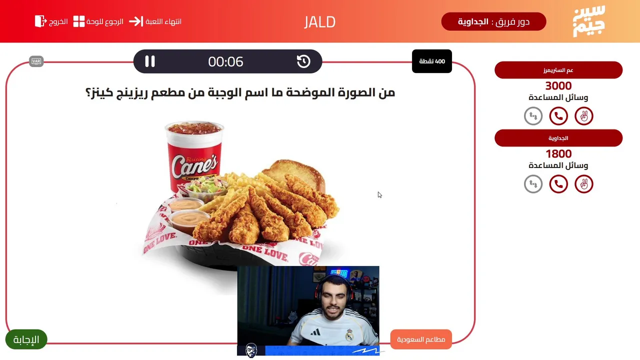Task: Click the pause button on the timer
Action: coord(149,61)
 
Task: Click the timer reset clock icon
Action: coord(303,61)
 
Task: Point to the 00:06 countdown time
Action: coord(225,61)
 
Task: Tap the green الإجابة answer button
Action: coord(26,339)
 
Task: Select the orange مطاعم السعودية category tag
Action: coord(421,339)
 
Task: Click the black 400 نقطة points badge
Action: coord(431,61)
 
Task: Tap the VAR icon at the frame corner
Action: coord(36,61)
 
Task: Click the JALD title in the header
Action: coord(319,22)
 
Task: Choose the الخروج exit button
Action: coord(51,21)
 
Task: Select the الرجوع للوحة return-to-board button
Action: coord(98,21)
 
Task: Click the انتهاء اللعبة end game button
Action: coord(155,21)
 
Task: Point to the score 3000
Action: coord(558,85)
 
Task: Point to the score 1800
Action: coord(558,153)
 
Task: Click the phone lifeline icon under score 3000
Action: coord(558,116)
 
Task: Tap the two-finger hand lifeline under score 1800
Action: coord(584,184)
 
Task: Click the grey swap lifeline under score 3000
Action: coord(533,116)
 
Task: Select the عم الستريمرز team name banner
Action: coord(558,70)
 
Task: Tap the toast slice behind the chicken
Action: coord(295,173)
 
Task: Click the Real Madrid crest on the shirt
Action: coord(349,335)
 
